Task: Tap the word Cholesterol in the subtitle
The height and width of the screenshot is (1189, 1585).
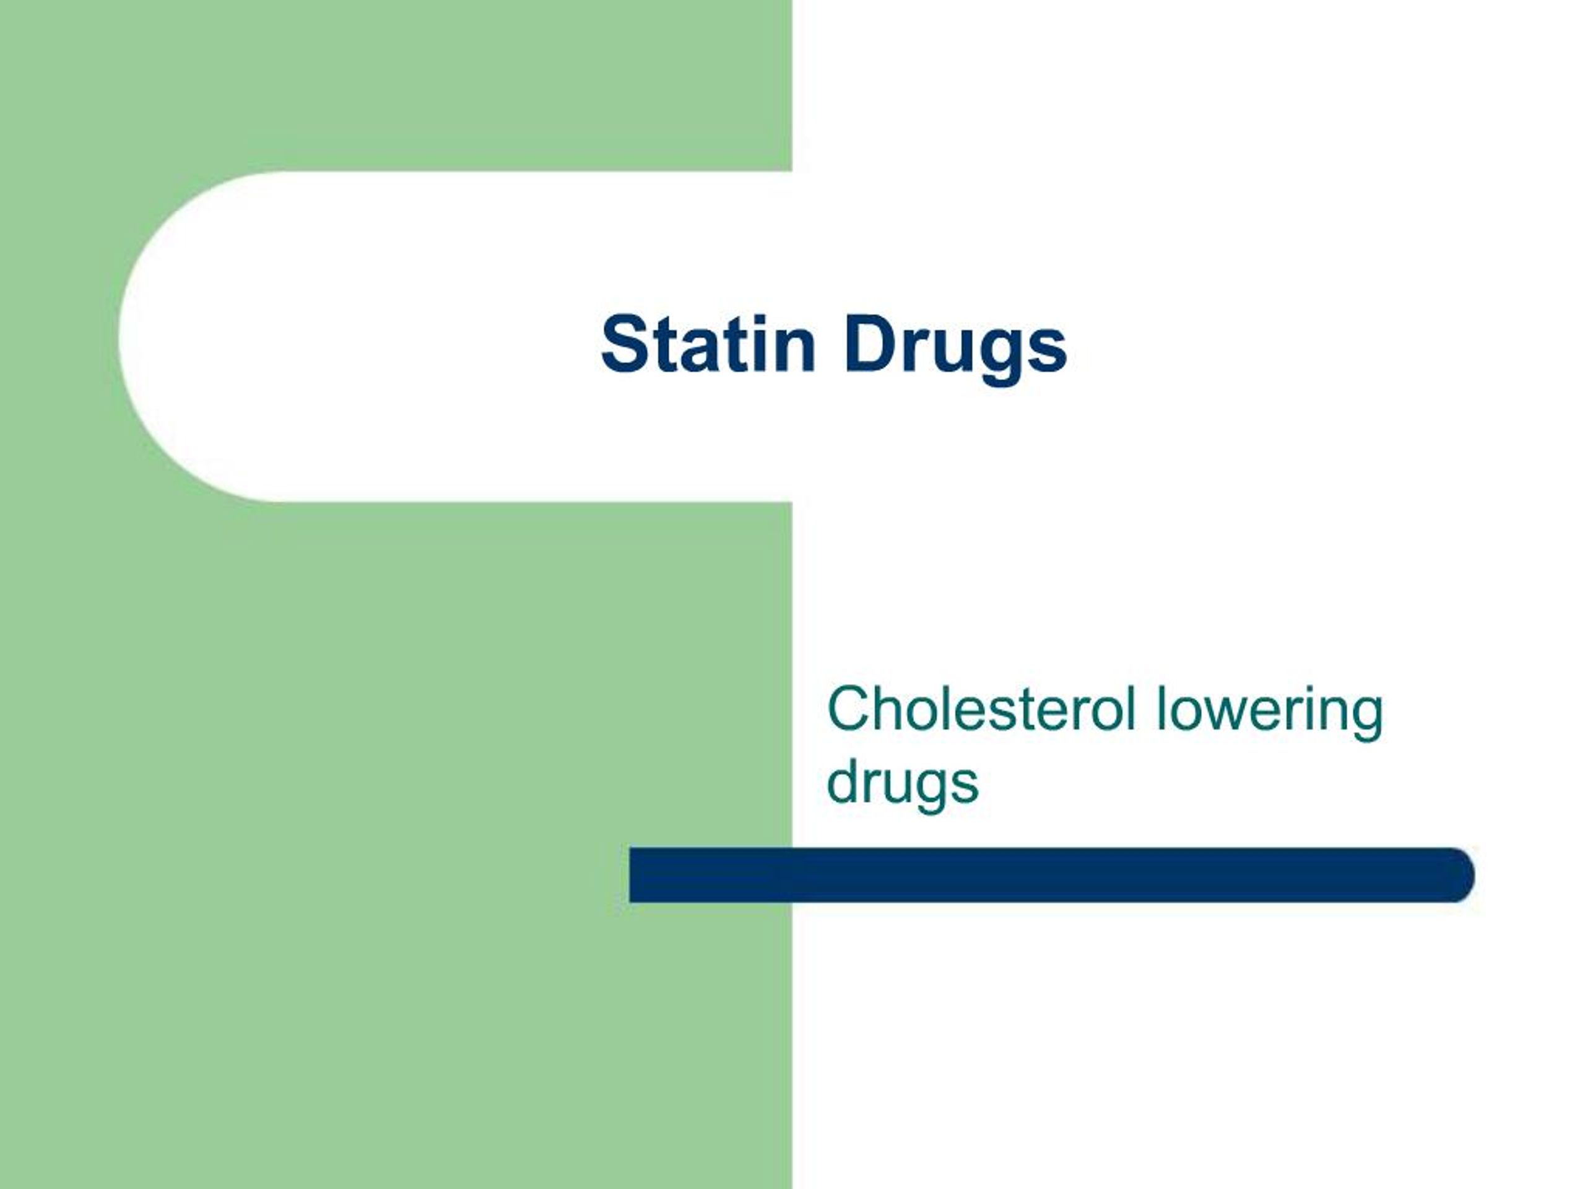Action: click(x=981, y=709)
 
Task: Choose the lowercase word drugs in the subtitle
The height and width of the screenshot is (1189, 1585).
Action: click(x=902, y=784)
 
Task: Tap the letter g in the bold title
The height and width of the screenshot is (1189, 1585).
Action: click(x=1006, y=355)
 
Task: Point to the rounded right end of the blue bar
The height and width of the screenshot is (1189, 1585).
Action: click(x=1459, y=875)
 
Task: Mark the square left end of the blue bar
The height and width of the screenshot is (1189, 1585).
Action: click(x=634, y=875)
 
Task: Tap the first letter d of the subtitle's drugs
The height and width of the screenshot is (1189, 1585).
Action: click(x=844, y=783)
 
